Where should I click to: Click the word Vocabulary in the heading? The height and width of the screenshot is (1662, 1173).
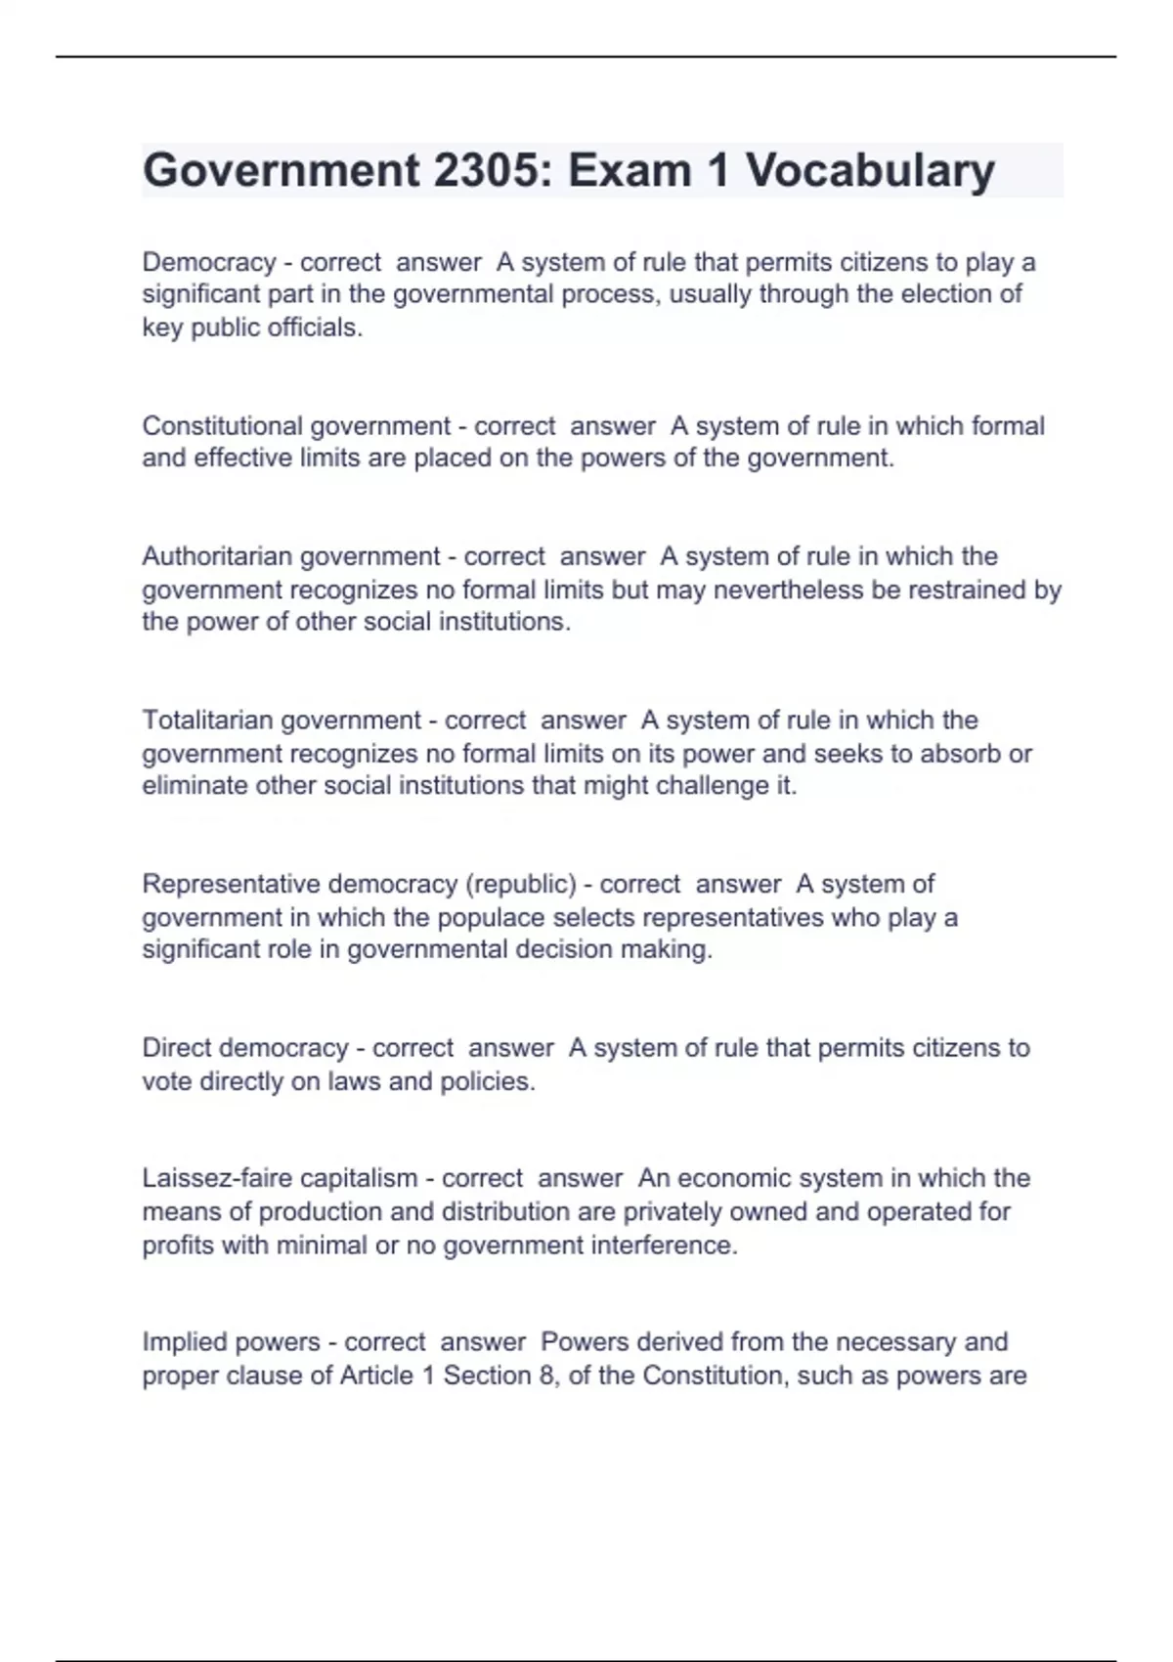[871, 171]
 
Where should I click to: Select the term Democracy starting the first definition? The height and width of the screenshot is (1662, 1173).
[209, 263]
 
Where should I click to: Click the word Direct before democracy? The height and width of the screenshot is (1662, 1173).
[177, 1048]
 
